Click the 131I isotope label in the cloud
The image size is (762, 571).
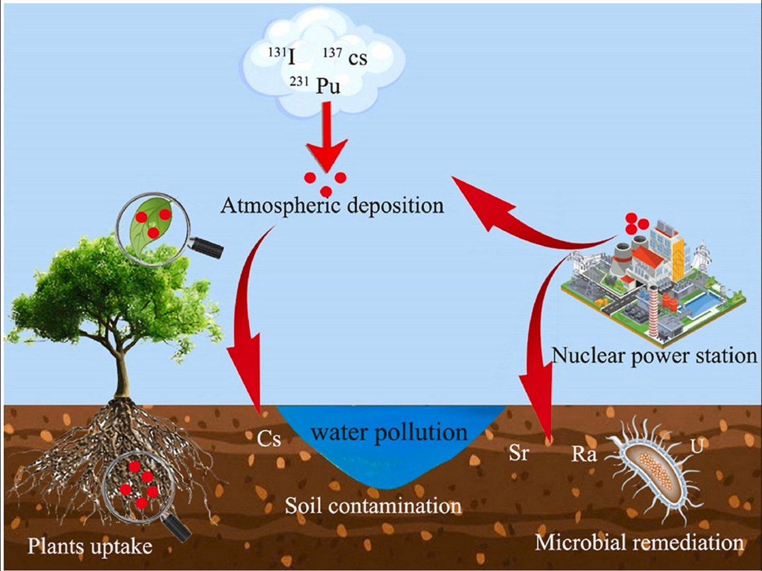point(281,56)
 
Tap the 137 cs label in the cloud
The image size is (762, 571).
point(345,56)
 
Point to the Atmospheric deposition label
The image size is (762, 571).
point(332,206)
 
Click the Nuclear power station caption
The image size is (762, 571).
point(654,355)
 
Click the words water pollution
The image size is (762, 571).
point(389,433)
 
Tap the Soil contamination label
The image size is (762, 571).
point(373,506)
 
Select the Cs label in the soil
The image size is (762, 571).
point(269,439)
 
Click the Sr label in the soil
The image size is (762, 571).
point(518,453)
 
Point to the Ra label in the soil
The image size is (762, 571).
point(584,454)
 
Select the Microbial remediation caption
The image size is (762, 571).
point(640,542)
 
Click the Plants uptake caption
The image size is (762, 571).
point(90,546)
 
